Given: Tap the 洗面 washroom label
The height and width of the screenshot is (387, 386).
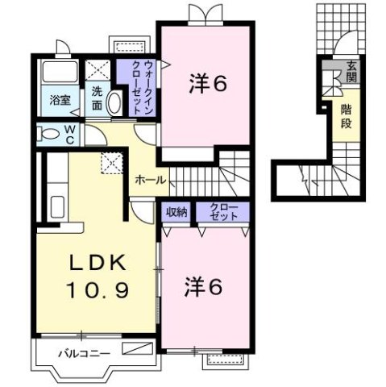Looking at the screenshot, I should [x=97, y=98].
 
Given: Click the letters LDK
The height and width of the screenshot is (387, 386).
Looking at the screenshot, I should [x=95, y=262].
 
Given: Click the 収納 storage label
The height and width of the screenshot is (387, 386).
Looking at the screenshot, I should [x=176, y=212].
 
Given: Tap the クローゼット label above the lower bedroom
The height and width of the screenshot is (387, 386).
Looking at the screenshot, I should [x=223, y=212].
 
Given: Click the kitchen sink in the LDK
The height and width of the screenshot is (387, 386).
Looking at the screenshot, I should [x=56, y=202].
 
